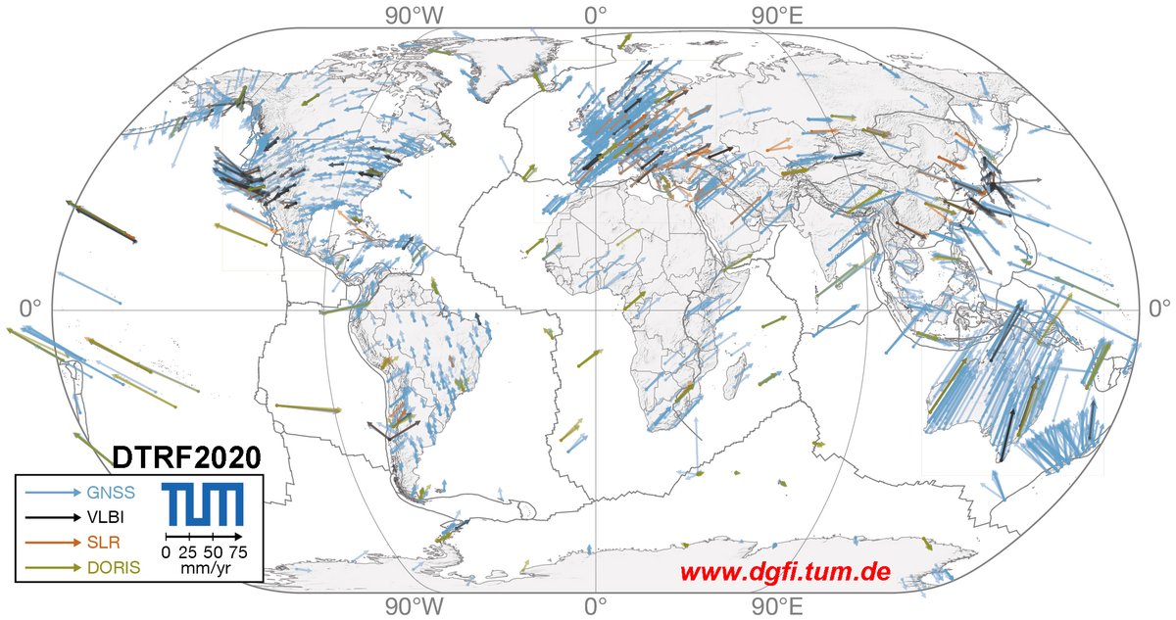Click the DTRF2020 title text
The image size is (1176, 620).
pyautogui.click(x=186, y=456)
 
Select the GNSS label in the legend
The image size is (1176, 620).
pyautogui.click(x=112, y=492)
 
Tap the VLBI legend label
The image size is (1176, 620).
pyautogui.click(x=110, y=516)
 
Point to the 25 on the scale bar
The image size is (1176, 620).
pyautogui.click(x=189, y=552)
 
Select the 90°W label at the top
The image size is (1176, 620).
pyautogui.click(x=413, y=15)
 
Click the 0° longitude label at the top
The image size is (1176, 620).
pyautogui.click(x=595, y=15)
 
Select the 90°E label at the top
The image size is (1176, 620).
pyautogui.click(x=778, y=15)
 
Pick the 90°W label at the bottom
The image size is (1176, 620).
pyautogui.click(x=413, y=606)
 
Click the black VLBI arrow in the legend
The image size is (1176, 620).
pyautogui.click(x=54, y=516)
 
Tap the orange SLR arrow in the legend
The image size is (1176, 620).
pyautogui.click(x=54, y=542)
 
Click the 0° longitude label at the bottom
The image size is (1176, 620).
pyautogui.click(x=595, y=606)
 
